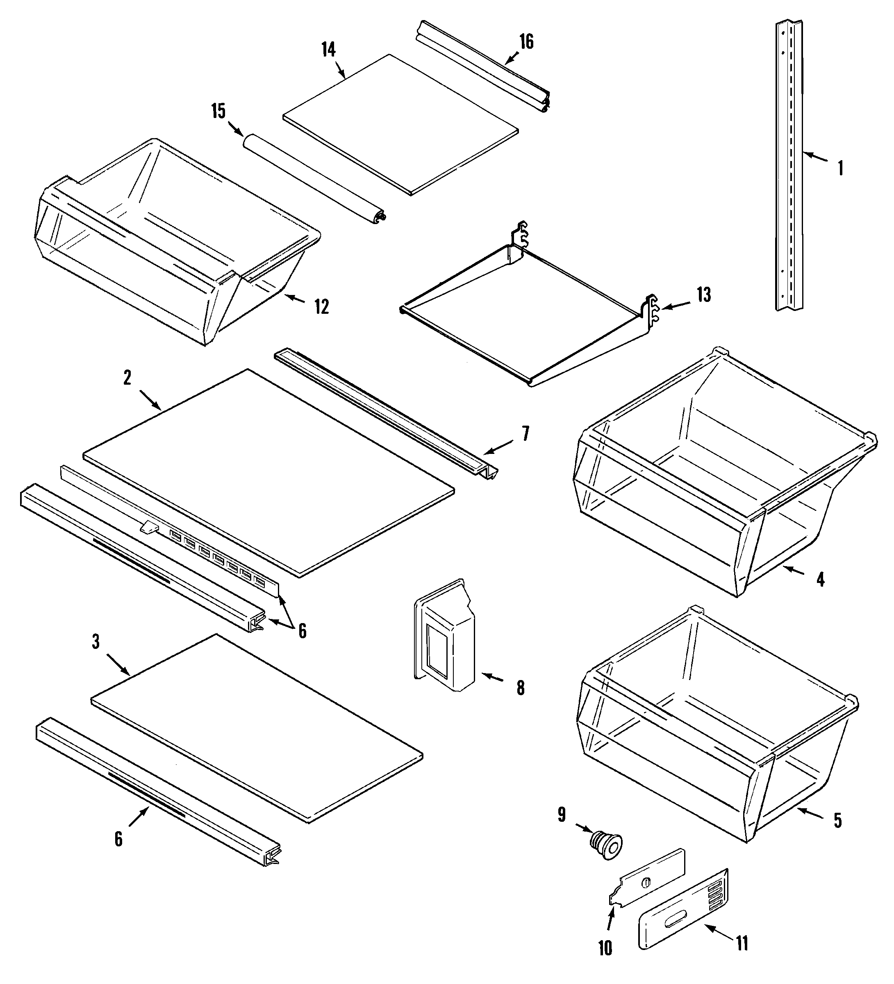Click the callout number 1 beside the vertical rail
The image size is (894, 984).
click(840, 168)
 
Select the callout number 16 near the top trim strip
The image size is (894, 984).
click(526, 41)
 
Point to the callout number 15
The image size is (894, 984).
click(218, 111)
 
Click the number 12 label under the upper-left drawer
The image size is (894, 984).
click(322, 306)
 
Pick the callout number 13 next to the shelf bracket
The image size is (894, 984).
click(703, 295)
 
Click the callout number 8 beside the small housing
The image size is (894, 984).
click(521, 688)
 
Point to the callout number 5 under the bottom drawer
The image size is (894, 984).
click(838, 820)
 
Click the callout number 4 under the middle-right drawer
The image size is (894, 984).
click(820, 579)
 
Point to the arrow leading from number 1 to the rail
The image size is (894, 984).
click(815, 157)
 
